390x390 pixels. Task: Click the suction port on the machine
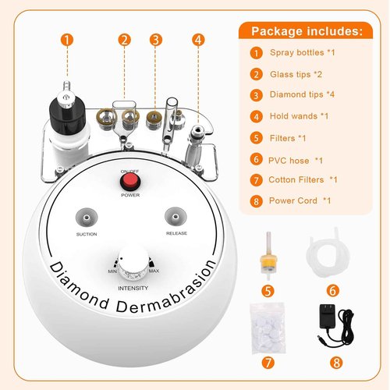(87, 216)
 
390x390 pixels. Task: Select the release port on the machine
(174, 216)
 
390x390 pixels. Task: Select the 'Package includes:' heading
(306, 32)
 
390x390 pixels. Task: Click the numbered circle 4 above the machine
(200, 39)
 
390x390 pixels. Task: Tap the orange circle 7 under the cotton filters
(268, 363)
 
